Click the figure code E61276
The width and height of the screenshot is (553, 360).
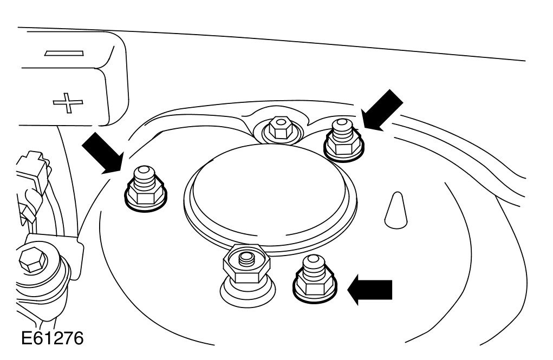[x=53, y=339]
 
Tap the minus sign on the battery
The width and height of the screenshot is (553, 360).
[x=64, y=53]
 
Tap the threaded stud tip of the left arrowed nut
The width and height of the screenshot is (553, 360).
[x=143, y=174]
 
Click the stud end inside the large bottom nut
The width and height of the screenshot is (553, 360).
[x=246, y=256]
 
